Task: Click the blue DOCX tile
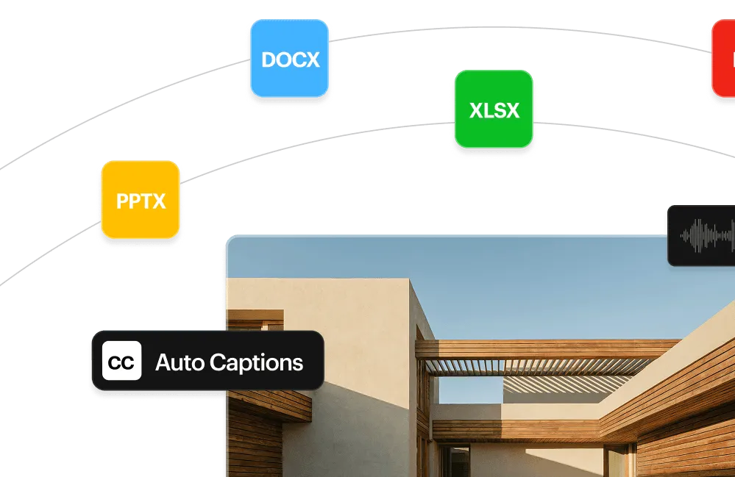tap(290, 58)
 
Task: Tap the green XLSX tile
tap(494, 109)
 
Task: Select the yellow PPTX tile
tap(141, 200)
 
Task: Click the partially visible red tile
tap(723, 58)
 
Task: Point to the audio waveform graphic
tap(708, 235)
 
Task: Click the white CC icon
tap(122, 360)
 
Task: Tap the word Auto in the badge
tap(180, 362)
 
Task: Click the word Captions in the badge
tap(257, 363)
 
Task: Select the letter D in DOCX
tap(269, 60)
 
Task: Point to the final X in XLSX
tap(512, 110)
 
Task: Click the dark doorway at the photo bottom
tap(454, 461)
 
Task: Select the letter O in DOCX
tap(285, 60)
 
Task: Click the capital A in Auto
tap(163, 362)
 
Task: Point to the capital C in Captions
tap(218, 362)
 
